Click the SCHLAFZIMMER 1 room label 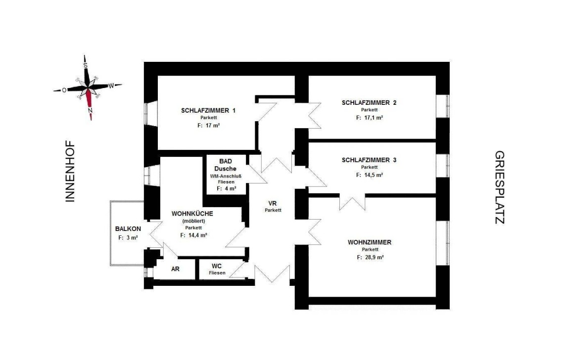click(x=208, y=110)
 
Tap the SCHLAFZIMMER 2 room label click(x=369, y=102)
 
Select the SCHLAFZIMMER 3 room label click(x=369, y=160)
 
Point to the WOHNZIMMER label click(x=370, y=242)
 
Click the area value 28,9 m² click(x=370, y=257)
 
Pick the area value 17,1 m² click(x=370, y=118)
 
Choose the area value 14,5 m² click(x=370, y=175)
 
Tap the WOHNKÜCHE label click(x=192, y=214)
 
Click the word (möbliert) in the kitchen click(x=193, y=221)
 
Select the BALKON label click(x=128, y=228)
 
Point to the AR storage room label click(x=175, y=269)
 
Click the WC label click(x=217, y=266)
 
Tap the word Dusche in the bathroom click(x=226, y=169)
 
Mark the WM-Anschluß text click(x=226, y=176)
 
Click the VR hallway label click(x=273, y=204)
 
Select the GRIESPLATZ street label click(x=500, y=187)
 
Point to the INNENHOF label click(x=70, y=171)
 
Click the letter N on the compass click(x=91, y=110)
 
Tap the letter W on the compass click(x=111, y=86)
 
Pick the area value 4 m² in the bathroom click(x=227, y=188)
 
